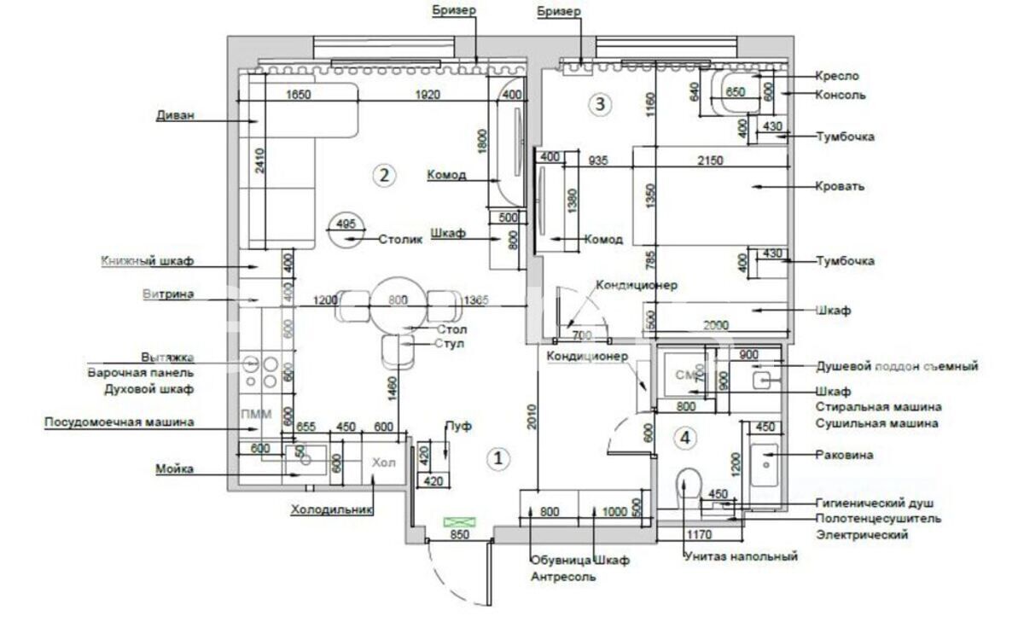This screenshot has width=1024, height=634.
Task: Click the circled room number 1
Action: (x=498, y=458)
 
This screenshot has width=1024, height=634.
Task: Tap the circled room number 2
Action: (x=384, y=176)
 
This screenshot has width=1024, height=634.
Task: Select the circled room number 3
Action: (x=601, y=105)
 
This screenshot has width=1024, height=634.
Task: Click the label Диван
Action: (x=176, y=116)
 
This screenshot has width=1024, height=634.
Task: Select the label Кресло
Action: (x=837, y=76)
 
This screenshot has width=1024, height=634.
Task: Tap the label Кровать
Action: (x=841, y=185)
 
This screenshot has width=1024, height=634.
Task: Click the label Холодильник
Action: (x=333, y=510)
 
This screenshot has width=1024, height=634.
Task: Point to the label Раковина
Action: (x=844, y=455)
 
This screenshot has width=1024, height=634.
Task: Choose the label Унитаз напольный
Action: (x=741, y=556)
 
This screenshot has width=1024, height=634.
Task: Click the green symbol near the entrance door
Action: (x=459, y=521)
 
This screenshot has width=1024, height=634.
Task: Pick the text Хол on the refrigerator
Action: (x=384, y=462)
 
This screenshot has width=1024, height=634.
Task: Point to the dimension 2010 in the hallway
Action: (x=530, y=415)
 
